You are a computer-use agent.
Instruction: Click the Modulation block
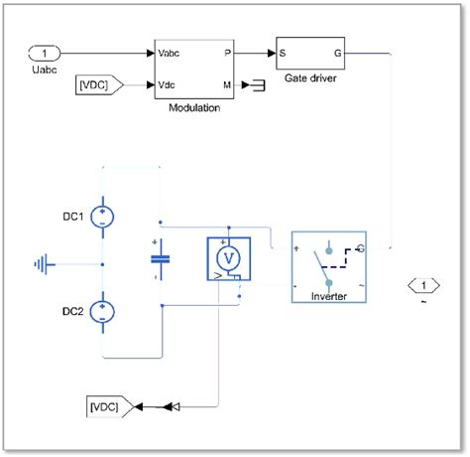click(194, 69)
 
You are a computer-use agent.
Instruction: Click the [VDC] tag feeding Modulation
click(98, 85)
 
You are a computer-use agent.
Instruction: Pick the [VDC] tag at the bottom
click(105, 405)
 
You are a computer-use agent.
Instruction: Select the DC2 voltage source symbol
click(102, 313)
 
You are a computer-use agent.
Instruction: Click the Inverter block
click(328, 267)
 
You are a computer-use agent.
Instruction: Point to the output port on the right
click(423, 287)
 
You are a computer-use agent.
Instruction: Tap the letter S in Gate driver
click(283, 52)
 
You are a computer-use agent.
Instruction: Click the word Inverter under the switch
click(328, 296)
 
